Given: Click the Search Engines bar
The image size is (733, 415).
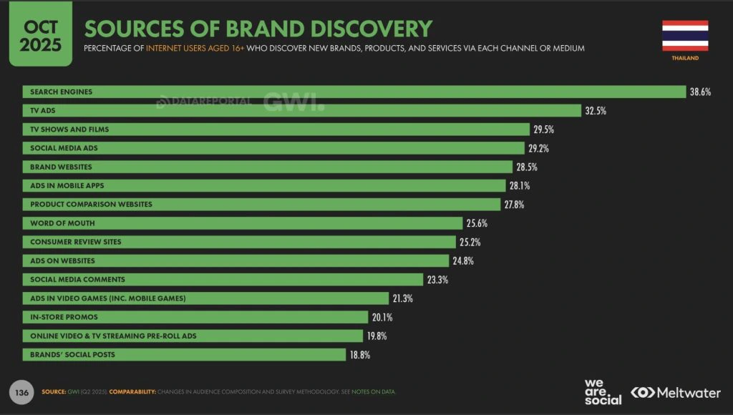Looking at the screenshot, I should pyautogui.click(x=354, y=92).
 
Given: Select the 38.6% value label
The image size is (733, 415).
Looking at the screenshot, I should pyautogui.click(x=700, y=92).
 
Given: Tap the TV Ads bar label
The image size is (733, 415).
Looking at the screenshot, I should pyautogui.click(x=44, y=110).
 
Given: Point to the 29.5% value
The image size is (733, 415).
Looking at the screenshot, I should pyautogui.click(x=543, y=130).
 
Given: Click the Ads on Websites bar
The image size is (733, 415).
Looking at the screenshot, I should pyautogui.click(x=236, y=260).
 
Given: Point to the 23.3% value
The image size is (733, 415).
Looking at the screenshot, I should pyautogui.click(x=437, y=280).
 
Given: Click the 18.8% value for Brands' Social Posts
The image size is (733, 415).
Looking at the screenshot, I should pyautogui.click(x=359, y=355).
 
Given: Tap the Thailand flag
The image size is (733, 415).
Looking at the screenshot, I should pyautogui.click(x=685, y=36).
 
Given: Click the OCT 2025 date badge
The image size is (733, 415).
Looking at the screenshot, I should pyautogui.click(x=41, y=34).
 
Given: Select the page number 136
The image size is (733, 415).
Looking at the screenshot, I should pyautogui.click(x=21, y=392).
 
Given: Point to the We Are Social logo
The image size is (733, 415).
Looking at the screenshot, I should pyautogui.click(x=603, y=391).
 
